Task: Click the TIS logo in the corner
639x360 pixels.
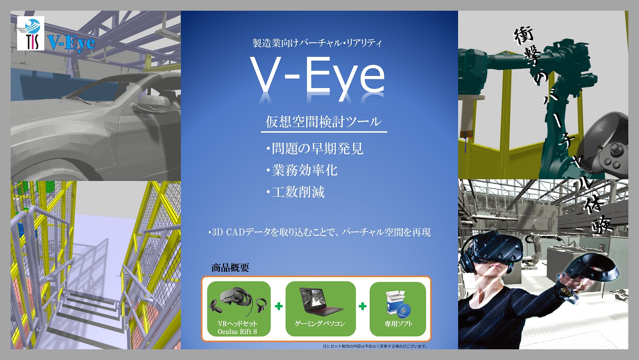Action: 31,33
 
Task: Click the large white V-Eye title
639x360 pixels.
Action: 317,78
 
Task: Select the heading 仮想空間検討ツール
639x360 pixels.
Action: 324,122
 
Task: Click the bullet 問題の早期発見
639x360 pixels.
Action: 315,149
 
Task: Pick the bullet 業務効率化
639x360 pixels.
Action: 302,170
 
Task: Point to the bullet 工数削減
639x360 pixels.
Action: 295,192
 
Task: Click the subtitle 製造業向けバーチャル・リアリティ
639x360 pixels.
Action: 317,43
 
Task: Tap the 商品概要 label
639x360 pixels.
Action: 230,268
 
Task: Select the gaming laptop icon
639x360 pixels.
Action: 321,301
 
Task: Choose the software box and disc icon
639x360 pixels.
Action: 398,304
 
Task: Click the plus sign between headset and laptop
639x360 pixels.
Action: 279,306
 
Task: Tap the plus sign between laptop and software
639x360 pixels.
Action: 363,306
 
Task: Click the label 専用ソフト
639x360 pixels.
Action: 398,324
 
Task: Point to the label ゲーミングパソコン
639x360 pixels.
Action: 320,324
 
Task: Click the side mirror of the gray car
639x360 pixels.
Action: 150,104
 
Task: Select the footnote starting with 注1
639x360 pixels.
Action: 376,346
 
